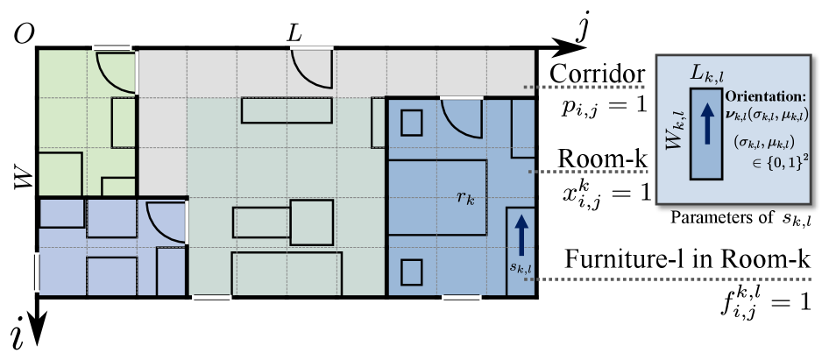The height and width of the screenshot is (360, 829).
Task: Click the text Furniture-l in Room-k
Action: (x=687, y=262)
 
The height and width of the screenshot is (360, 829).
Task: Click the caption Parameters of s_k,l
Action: (x=733, y=216)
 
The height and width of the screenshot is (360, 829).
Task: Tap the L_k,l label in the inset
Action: (x=706, y=77)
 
